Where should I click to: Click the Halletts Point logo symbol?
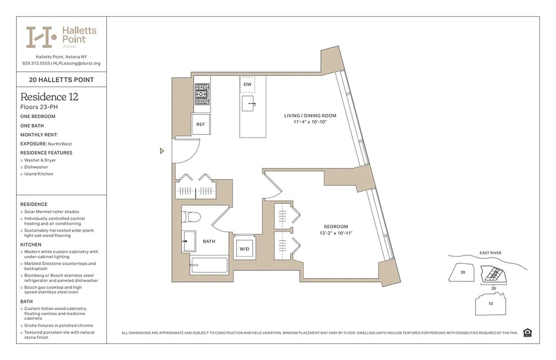coord(41,37)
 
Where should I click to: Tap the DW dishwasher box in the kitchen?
coord(247,85)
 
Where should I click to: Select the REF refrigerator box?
coord(201,125)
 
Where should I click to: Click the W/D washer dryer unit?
coord(244,248)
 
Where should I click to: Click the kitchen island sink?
coord(249,103)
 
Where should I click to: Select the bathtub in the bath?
coord(209,265)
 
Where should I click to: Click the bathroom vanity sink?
coord(189,241)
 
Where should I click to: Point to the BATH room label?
coord(209,242)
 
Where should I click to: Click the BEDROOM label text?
coord(336,226)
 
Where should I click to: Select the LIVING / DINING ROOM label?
coord(310,116)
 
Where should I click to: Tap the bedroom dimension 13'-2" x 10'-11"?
coord(336,233)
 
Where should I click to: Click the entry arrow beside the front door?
coord(162,151)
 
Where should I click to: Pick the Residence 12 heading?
coord(49,97)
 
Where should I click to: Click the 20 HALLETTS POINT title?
coord(61,80)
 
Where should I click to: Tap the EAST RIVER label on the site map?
coord(490,253)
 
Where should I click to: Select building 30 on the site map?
coord(462,272)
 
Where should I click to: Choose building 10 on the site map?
coord(490,304)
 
